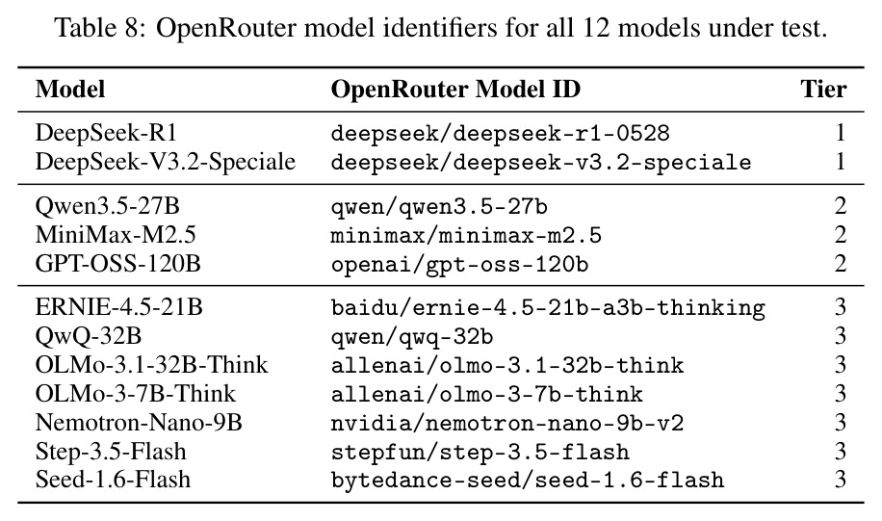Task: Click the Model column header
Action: pyautogui.click(x=70, y=90)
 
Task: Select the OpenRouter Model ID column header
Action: pyautogui.click(x=455, y=90)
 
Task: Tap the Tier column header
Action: pyautogui.click(x=823, y=90)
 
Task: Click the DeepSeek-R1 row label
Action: pyautogui.click(x=106, y=133)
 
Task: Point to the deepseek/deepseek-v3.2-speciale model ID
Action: pyautogui.click(x=541, y=163)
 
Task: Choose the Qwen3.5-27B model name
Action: pyautogui.click(x=108, y=206)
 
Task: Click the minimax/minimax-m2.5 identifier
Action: pyautogui.click(x=466, y=235)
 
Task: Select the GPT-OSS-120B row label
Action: pyautogui.click(x=118, y=264)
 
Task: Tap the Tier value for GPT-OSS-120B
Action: pyautogui.click(x=841, y=264)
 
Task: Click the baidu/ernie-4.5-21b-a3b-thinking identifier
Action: pyautogui.click(x=548, y=308)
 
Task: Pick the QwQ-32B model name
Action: pyautogui.click(x=89, y=336)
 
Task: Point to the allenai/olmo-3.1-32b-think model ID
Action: pyautogui.click(x=507, y=366)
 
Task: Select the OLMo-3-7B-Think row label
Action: pyautogui.click(x=136, y=394)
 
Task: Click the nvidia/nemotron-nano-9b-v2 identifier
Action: pyautogui.click(x=507, y=423)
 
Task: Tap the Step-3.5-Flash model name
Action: pyautogui.click(x=111, y=452)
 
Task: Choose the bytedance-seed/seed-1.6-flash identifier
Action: pyautogui.click(x=528, y=480)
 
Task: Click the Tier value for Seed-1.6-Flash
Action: pyautogui.click(x=841, y=480)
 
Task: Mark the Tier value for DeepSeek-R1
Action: pyautogui.click(x=841, y=133)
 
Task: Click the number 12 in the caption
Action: pyautogui.click(x=596, y=27)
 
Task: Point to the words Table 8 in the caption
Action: pyautogui.click(x=98, y=27)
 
